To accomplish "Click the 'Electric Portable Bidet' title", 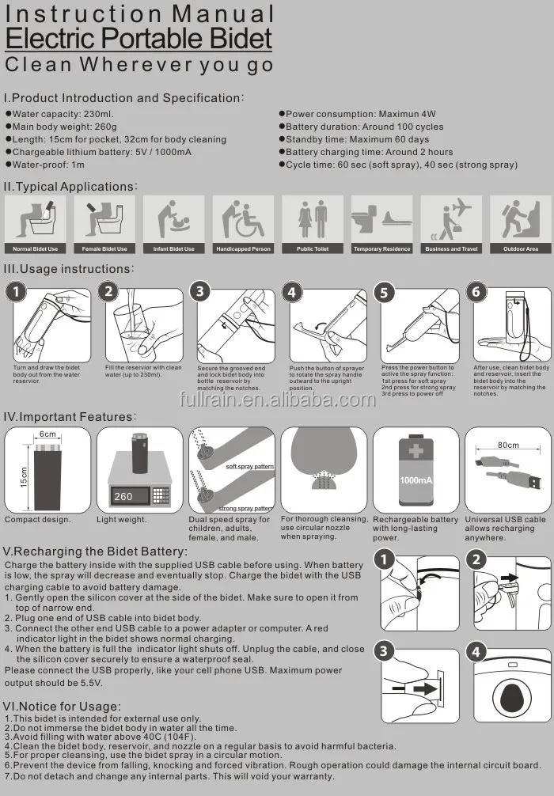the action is [x=138, y=39].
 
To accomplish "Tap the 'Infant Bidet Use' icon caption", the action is [x=173, y=248].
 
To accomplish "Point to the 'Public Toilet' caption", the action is [x=313, y=248].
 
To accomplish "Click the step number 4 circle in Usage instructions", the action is [x=292, y=293].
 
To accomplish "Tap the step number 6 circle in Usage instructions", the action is [x=476, y=292].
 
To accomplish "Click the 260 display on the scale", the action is [x=123, y=496].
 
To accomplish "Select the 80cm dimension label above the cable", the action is [x=508, y=445].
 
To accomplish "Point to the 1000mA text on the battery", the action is [x=415, y=480].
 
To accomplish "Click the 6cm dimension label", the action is [x=47, y=434].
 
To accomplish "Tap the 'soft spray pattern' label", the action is [x=250, y=466].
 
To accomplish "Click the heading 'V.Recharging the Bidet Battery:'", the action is [x=96, y=552].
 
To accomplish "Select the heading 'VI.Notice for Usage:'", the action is [x=62, y=706].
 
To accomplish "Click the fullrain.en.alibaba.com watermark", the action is [x=277, y=400].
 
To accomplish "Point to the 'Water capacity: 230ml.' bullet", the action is [x=59, y=114].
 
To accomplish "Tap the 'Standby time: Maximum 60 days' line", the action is [x=354, y=139].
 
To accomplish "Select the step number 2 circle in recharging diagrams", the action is [x=476, y=560].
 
